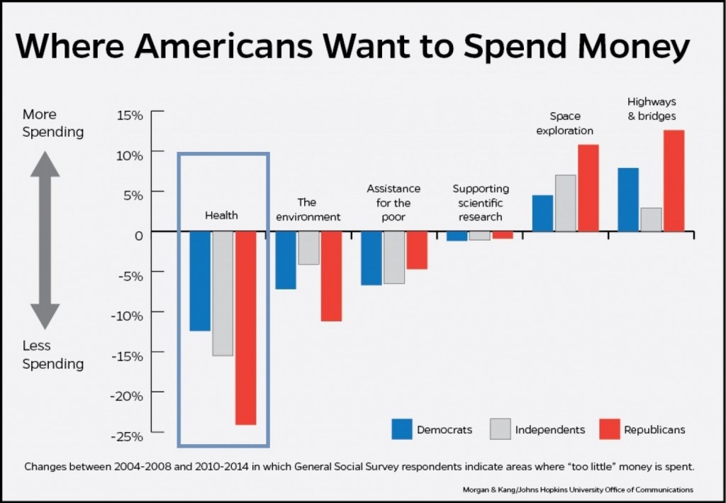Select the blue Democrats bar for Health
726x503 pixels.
tap(200, 281)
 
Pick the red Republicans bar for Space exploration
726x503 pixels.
tap(588, 188)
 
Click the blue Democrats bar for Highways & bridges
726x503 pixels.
tap(629, 199)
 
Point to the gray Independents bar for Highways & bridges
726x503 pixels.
tap(652, 219)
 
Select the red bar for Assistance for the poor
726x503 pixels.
tap(417, 250)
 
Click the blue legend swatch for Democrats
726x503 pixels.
tap(402, 429)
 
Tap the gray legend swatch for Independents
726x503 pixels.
tap(501, 429)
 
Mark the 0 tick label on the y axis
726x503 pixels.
tap(138, 233)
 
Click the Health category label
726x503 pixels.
tap(222, 215)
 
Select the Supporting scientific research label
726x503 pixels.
tap(481, 203)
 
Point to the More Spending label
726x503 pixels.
tap(52, 123)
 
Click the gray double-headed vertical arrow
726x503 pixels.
tap(45, 241)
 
